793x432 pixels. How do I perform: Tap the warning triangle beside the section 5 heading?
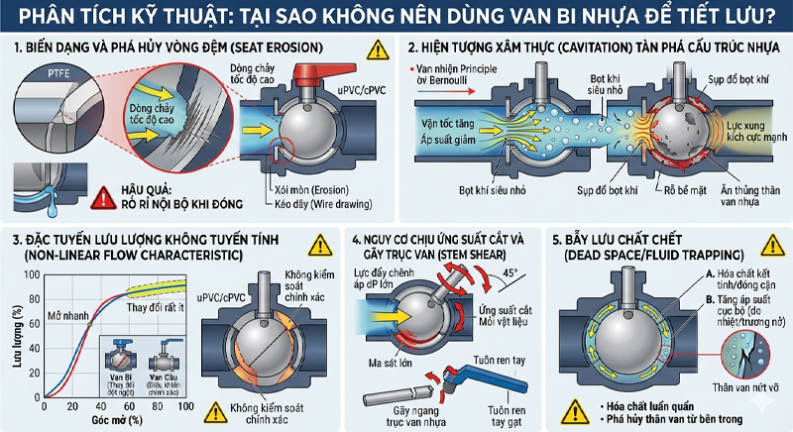coord(763,247)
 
